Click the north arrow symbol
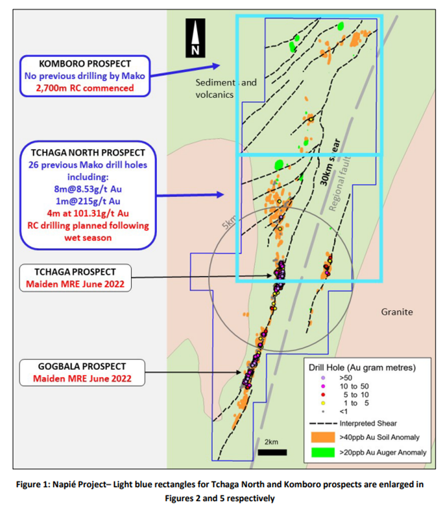195,38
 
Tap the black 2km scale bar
272,452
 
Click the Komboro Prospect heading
85,64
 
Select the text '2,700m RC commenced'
85,88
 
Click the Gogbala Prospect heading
82,366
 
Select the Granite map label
397,312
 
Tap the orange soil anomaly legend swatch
323,437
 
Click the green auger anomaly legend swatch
323,452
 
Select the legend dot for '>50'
323,378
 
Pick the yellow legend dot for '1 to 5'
323,403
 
